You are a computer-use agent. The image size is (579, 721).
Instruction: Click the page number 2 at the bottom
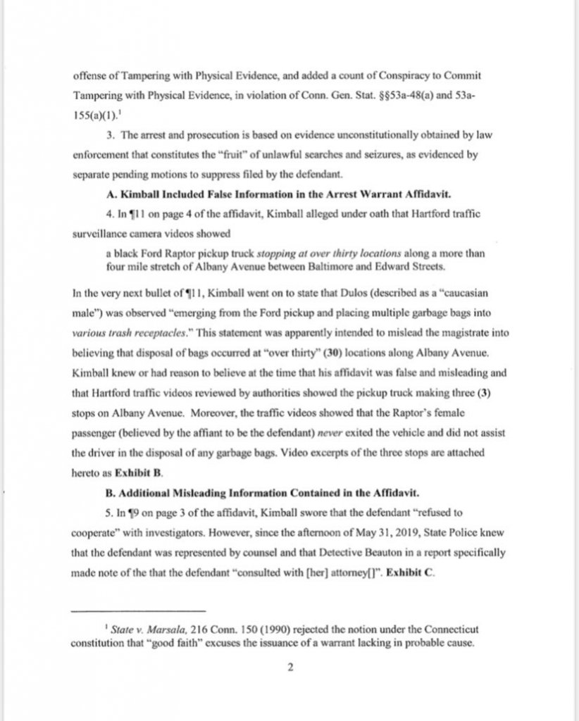click(289, 669)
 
